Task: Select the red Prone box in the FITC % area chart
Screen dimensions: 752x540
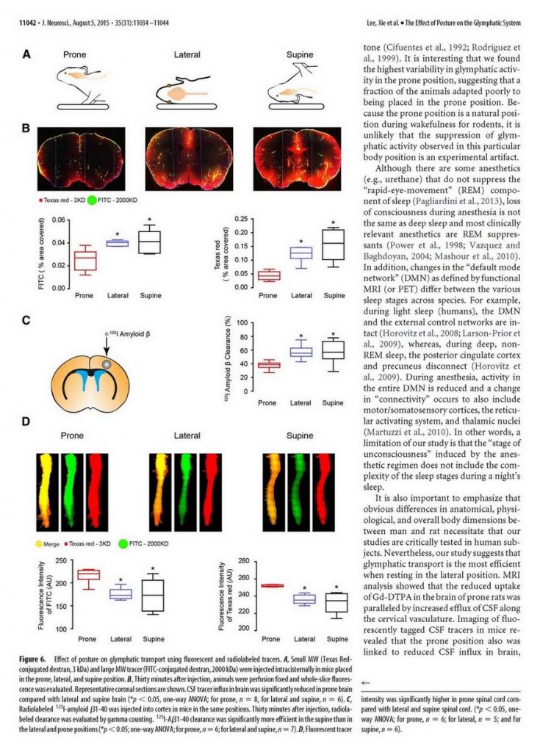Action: (86, 261)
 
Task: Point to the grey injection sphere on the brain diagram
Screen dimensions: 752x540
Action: (108, 364)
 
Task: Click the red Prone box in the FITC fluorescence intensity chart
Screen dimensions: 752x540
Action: (90, 574)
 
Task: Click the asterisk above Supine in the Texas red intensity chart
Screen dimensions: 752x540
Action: (336, 586)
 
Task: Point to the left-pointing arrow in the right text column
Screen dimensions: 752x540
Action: (366, 681)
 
